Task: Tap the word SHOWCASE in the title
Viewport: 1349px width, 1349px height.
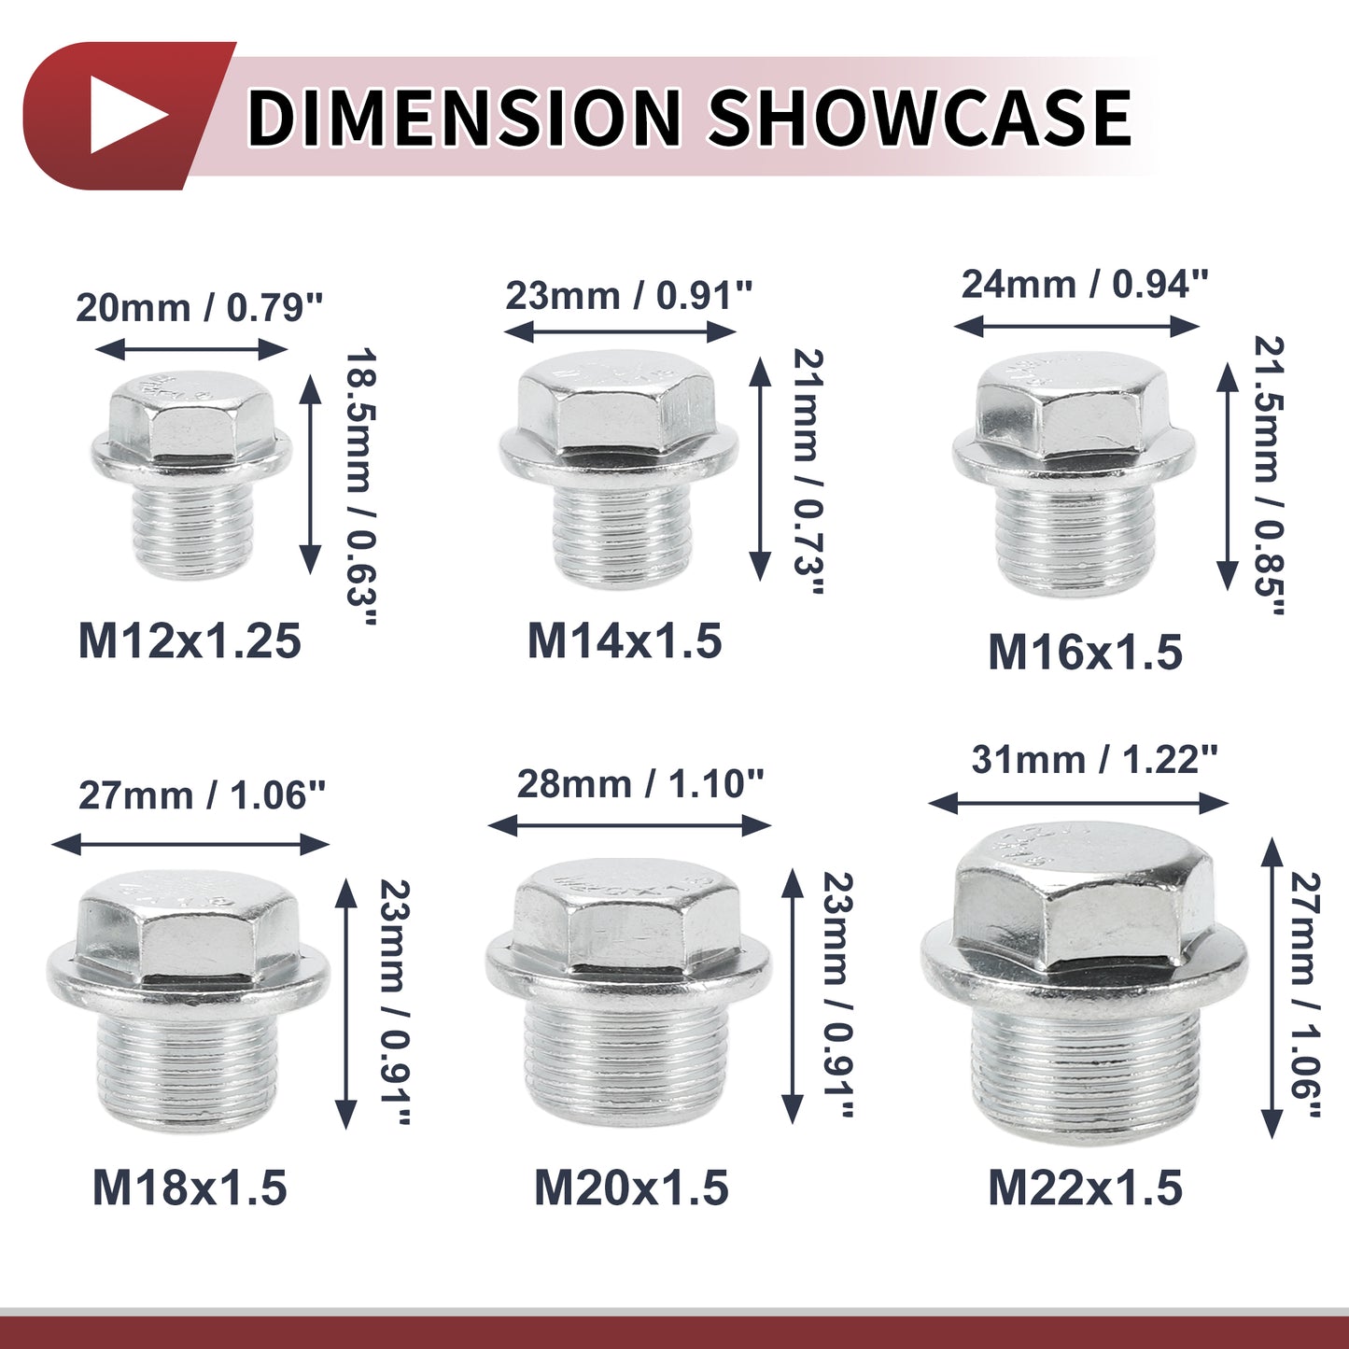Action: [x=920, y=116]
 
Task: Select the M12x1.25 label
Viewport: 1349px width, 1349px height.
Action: [x=190, y=639]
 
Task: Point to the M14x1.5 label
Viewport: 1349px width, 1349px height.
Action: [x=625, y=639]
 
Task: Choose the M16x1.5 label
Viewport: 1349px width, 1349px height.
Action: [x=1085, y=653]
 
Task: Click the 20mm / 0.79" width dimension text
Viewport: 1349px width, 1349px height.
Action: [x=200, y=308]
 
